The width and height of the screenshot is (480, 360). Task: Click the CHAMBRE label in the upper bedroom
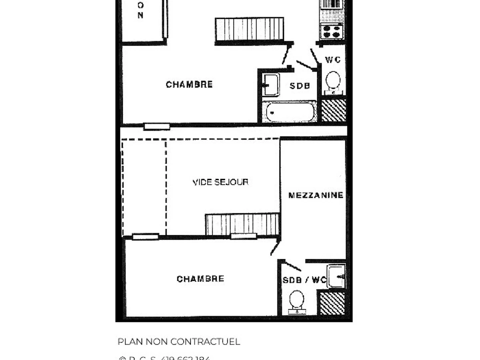(189, 85)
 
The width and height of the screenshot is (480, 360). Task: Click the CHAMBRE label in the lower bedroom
(200, 279)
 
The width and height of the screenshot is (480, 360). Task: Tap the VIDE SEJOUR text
(220, 182)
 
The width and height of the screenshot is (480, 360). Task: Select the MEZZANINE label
(316, 195)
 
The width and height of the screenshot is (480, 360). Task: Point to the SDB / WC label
(304, 280)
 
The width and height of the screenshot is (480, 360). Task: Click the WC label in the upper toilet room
(333, 60)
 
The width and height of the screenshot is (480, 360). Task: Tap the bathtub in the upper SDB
(290, 112)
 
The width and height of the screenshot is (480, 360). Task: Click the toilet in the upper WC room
(332, 82)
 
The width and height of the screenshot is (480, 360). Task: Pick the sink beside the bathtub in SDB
(271, 85)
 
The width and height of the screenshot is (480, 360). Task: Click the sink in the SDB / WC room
(336, 276)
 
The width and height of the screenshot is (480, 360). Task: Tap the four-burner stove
(332, 31)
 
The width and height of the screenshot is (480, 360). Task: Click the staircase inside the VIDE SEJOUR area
(242, 224)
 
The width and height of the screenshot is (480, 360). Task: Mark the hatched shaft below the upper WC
(334, 110)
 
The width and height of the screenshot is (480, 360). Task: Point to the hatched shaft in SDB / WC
(332, 303)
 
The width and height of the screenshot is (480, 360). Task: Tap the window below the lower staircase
(244, 236)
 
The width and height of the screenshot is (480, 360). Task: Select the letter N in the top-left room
(140, 16)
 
